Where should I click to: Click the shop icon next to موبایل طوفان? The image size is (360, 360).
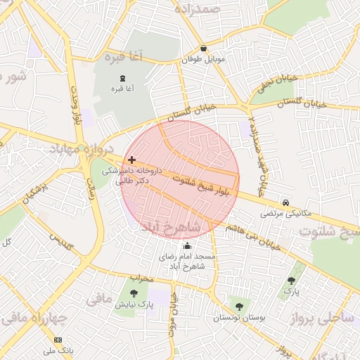[204, 49]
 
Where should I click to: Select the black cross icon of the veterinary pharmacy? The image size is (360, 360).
[132, 160]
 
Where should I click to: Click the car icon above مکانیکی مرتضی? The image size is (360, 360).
[285, 201]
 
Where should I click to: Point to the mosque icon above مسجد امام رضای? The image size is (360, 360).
[187, 245]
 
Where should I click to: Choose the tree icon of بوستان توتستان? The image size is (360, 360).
[240, 306]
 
